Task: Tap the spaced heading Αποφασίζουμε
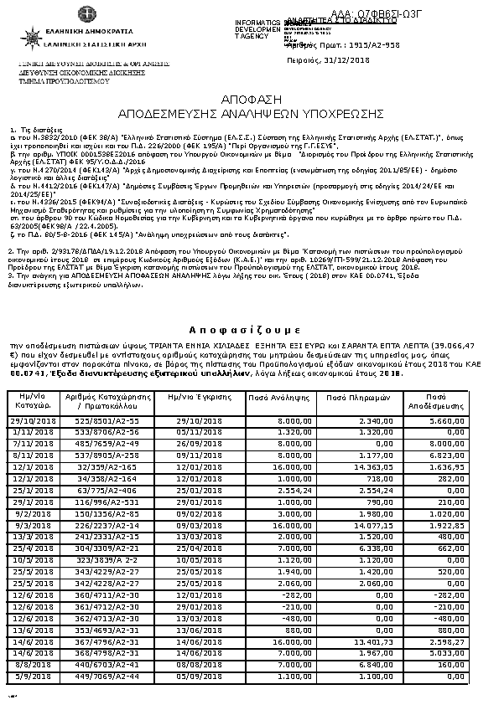pyautogui.click(x=249, y=329)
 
